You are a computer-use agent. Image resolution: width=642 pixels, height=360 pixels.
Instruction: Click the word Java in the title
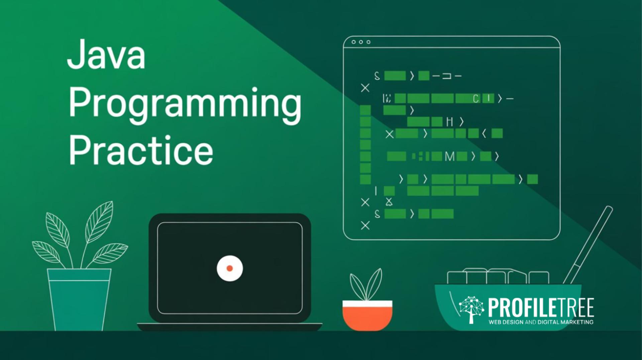tap(106, 54)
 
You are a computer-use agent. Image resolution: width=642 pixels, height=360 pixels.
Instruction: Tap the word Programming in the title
tap(185, 103)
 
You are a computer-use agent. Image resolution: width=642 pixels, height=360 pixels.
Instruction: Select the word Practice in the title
tap(141, 151)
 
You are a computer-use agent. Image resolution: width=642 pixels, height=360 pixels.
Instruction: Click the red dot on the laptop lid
tap(230, 268)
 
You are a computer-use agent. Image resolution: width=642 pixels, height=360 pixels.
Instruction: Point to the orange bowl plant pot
tap(367, 316)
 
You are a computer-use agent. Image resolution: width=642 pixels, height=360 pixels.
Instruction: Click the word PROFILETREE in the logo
tap(541, 308)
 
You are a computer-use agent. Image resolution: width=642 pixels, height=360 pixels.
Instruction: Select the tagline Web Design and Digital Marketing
tap(541, 322)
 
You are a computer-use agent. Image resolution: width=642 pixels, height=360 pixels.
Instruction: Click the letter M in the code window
tap(450, 156)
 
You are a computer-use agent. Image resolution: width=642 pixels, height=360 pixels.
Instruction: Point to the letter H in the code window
tap(450, 122)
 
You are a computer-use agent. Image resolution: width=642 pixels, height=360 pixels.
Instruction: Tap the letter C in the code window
tap(475, 99)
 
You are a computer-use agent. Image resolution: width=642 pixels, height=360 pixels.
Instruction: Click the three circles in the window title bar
tap(361, 42)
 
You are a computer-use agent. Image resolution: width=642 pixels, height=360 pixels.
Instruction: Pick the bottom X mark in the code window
tap(365, 226)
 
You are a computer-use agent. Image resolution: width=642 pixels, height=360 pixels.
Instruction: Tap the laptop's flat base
tap(230, 327)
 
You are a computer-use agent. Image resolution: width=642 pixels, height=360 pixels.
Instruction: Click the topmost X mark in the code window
tap(365, 88)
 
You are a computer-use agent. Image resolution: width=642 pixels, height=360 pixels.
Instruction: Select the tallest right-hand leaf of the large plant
tap(100, 221)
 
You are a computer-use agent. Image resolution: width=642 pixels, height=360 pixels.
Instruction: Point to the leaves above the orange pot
tap(366, 284)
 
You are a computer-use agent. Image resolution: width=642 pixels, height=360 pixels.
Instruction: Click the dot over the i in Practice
tap(168, 138)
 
